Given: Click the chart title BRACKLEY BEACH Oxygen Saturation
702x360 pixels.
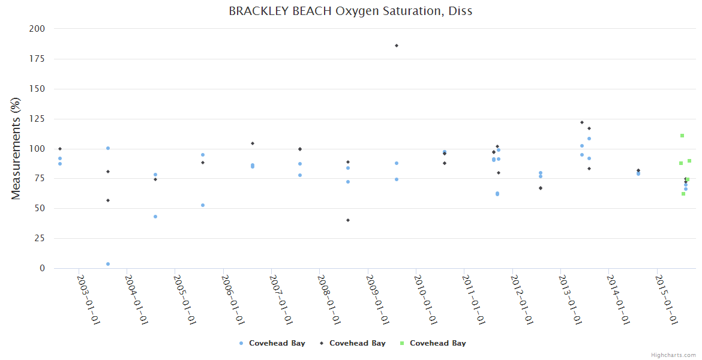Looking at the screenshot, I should [x=350, y=11].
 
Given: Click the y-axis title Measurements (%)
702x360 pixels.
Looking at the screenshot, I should [x=16, y=149].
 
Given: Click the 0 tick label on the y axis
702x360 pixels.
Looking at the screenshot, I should [x=42, y=268].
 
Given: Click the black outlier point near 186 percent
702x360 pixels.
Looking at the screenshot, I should [x=397, y=46].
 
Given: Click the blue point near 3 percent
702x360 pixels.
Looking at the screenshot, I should [x=108, y=264].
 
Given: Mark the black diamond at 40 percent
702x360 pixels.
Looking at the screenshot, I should [x=348, y=220].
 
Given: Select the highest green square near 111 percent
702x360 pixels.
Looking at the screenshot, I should [x=682, y=136].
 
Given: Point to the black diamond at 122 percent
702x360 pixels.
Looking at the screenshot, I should [x=582, y=122].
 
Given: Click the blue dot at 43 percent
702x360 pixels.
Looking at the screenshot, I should [x=155, y=217].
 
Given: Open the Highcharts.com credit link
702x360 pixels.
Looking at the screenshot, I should [x=673, y=355].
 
